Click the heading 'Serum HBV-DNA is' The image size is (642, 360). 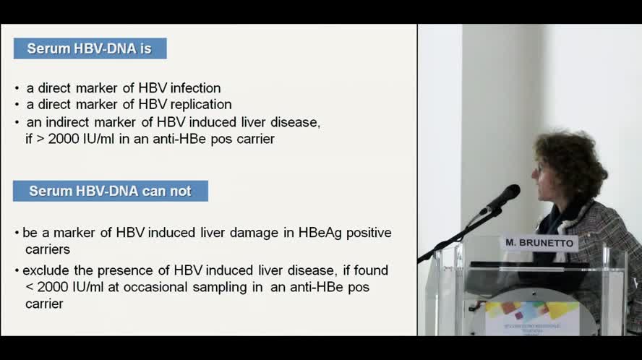[x=90, y=48]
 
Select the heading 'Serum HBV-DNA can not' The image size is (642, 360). [x=110, y=191]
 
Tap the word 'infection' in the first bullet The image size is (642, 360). [x=195, y=88]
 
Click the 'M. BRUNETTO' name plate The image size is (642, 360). [x=540, y=243]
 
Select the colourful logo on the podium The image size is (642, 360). [x=531, y=314]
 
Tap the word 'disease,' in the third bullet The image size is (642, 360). [x=296, y=122]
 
